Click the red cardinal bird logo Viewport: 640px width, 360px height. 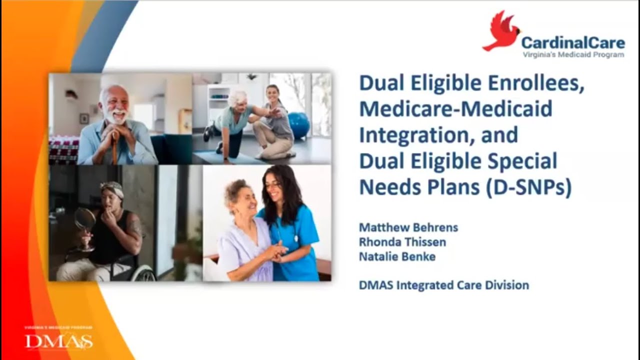[x=501, y=31]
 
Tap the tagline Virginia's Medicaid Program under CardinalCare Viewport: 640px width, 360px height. [x=573, y=54]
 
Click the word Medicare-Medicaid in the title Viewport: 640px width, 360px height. [x=455, y=109]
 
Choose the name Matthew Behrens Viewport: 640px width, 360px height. [x=408, y=227]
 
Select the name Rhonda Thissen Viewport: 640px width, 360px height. [x=402, y=242]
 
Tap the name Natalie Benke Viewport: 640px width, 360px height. [x=397, y=256]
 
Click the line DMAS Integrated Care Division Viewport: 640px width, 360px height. [x=443, y=285]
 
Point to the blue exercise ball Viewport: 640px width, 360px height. [x=299, y=125]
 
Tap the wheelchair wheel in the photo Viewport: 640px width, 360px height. [x=143, y=273]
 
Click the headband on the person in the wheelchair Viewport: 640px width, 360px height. [x=112, y=189]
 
